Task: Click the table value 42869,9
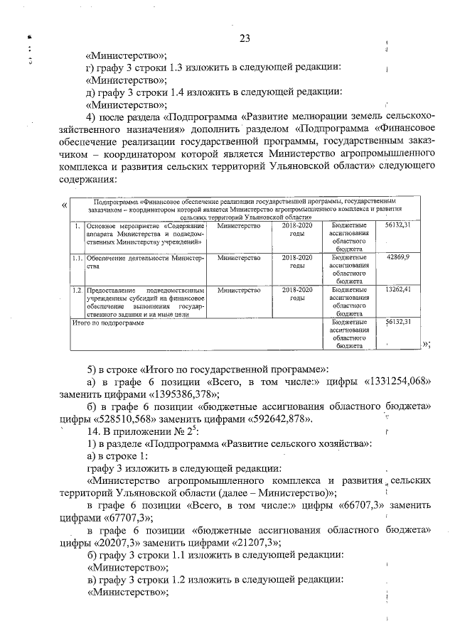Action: coord(397,256)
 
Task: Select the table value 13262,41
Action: coord(397,290)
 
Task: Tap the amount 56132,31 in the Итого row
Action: coord(397,322)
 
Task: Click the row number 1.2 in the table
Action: coord(77,291)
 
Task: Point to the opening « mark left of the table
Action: coord(65,206)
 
